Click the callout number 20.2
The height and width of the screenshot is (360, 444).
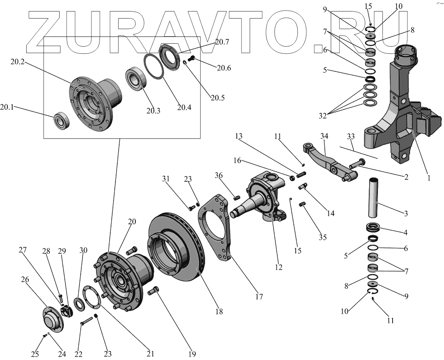coord(17,62)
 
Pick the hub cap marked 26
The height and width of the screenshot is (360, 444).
coord(52,319)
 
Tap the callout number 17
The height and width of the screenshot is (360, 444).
coord(259,297)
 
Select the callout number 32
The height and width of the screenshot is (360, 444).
coord(322,116)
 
